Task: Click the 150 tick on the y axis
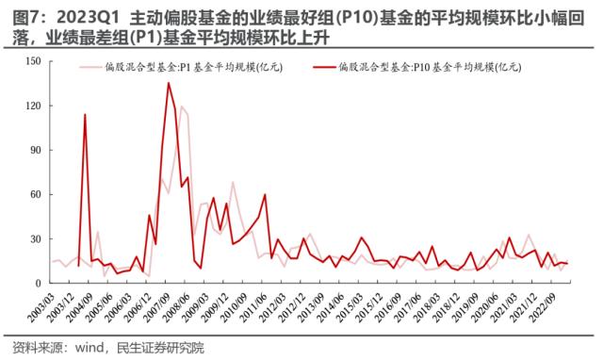point(31,61)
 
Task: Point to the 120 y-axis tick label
point(31,106)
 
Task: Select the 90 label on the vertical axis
point(34,150)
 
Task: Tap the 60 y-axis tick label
point(34,194)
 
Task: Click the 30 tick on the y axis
point(34,238)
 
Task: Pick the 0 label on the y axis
point(37,283)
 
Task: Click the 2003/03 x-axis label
point(40,306)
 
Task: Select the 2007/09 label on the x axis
point(174,306)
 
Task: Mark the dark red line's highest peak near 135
point(169,84)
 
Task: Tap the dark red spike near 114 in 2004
point(85,115)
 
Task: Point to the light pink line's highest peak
point(182,106)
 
